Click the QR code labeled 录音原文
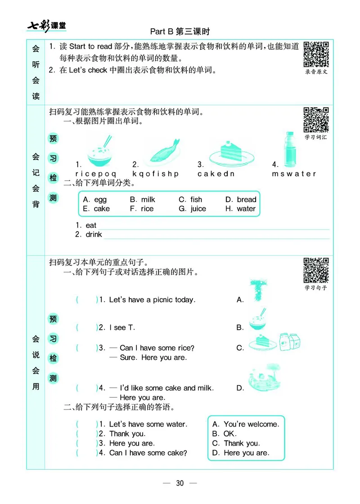coord(316,54)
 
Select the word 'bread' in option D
coord(246,200)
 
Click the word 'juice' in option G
coord(198,209)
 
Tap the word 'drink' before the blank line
coord(94,235)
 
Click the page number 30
coord(180,483)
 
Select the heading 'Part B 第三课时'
coord(180,32)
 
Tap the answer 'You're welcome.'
coord(251,424)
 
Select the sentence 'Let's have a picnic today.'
coord(152,300)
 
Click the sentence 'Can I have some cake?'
coord(148,453)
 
